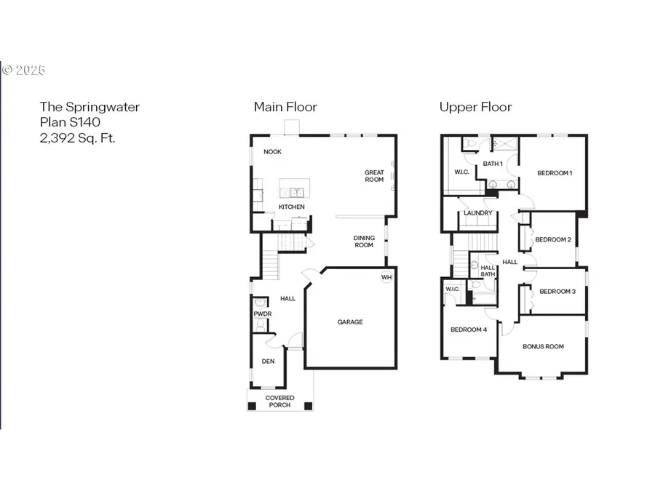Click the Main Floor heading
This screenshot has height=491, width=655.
pyautogui.click(x=285, y=107)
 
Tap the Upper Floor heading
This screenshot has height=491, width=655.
pyautogui.click(x=475, y=107)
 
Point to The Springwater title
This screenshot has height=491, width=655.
pyautogui.click(x=90, y=107)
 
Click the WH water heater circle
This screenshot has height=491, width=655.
pyautogui.click(x=386, y=277)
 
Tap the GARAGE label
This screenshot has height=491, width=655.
pyautogui.click(x=349, y=322)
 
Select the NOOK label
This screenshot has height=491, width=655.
pyautogui.click(x=272, y=152)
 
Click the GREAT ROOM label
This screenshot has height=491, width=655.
pyautogui.click(x=374, y=176)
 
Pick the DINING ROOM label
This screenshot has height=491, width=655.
pyautogui.click(x=364, y=241)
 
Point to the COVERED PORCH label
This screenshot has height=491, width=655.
pyautogui.click(x=279, y=401)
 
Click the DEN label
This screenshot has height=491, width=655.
pyautogui.click(x=268, y=362)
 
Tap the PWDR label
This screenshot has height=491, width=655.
pyautogui.click(x=262, y=314)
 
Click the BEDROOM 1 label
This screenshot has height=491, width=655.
pyautogui.click(x=555, y=173)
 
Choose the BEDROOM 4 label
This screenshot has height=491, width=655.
pyautogui.click(x=468, y=330)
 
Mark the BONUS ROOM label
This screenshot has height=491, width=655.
pyautogui.click(x=543, y=346)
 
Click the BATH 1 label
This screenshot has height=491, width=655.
pyautogui.click(x=493, y=164)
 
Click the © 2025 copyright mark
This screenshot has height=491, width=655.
pyautogui.click(x=24, y=71)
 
